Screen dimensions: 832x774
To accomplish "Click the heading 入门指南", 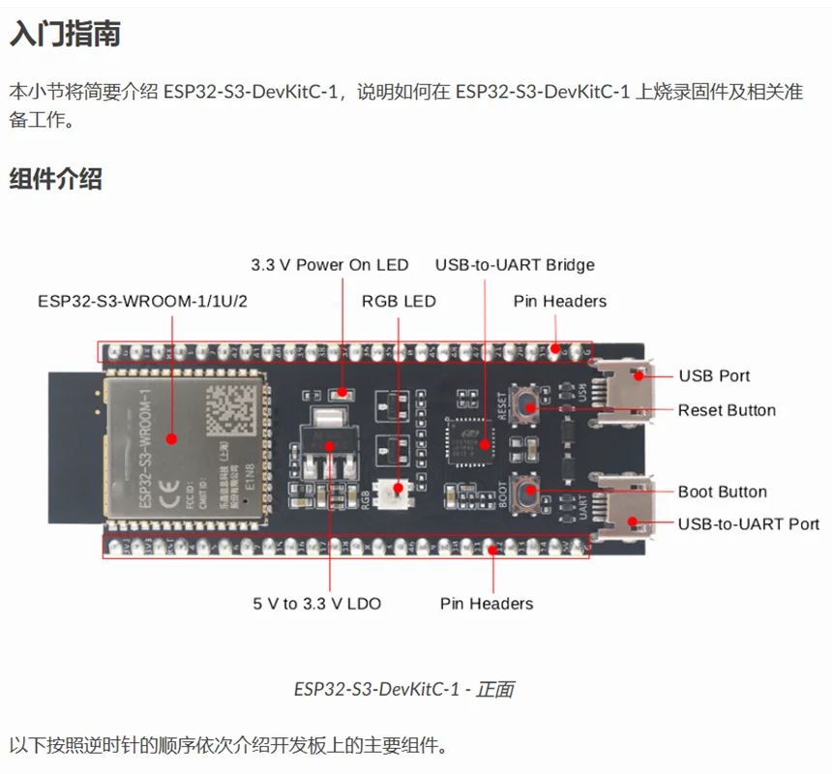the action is pyautogui.click(x=65, y=36).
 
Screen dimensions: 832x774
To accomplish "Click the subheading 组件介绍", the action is pyautogui.click(x=55, y=179).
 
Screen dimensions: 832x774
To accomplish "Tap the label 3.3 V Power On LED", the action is pyautogui.click(x=329, y=265).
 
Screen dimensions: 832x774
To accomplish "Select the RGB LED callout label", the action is pyautogui.click(x=399, y=301).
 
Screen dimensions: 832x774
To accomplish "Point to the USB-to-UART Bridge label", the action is pyautogui.click(x=515, y=265).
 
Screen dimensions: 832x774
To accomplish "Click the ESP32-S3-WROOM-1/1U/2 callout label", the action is pyautogui.click(x=142, y=301).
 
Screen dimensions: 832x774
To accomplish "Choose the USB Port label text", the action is pyautogui.click(x=714, y=375).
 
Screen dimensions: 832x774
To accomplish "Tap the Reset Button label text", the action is pyautogui.click(x=727, y=410).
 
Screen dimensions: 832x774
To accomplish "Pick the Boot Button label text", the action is pyautogui.click(x=722, y=491).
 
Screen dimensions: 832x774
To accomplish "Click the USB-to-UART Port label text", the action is pyautogui.click(x=748, y=523).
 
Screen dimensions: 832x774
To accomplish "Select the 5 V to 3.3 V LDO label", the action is pyautogui.click(x=317, y=604).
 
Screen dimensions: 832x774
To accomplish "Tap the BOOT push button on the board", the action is pyautogui.click(x=529, y=491).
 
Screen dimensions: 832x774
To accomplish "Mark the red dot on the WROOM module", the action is pyautogui.click(x=172, y=438).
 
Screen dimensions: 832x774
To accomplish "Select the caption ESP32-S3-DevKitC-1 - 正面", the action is pyautogui.click(x=403, y=689).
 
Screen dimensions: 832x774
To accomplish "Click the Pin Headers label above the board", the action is pyautogui.click(x=560, y=301).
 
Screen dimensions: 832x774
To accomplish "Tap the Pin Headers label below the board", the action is pyautogui.click(x=487, y=604).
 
